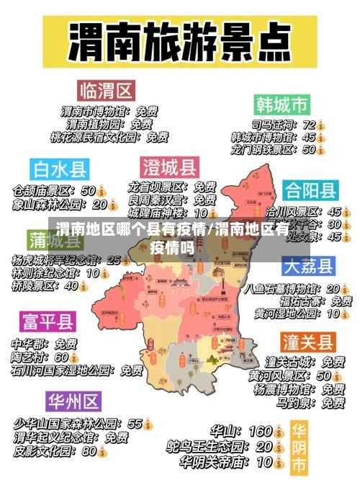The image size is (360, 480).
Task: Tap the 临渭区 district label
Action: [x=107, y=91]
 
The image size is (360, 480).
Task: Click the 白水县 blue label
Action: [x=59, y=169]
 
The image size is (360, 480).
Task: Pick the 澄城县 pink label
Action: [x=168, y=167]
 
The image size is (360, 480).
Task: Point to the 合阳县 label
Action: [x=310, y=190]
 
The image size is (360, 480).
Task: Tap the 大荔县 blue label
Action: [x=308, y=266]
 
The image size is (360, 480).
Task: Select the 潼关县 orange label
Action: [x=307, y=341]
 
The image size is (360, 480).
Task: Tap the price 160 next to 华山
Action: [x=260, y=431]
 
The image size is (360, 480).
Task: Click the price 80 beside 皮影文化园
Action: [x=89, y=451]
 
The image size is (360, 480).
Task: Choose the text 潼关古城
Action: [x=285, y=361]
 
